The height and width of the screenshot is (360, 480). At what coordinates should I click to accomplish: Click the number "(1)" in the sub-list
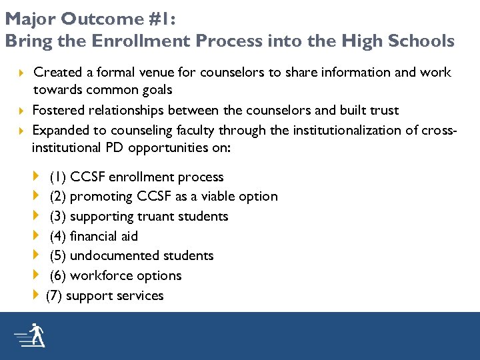[57, 177]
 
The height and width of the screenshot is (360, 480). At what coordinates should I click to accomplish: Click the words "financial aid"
[103, 236]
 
